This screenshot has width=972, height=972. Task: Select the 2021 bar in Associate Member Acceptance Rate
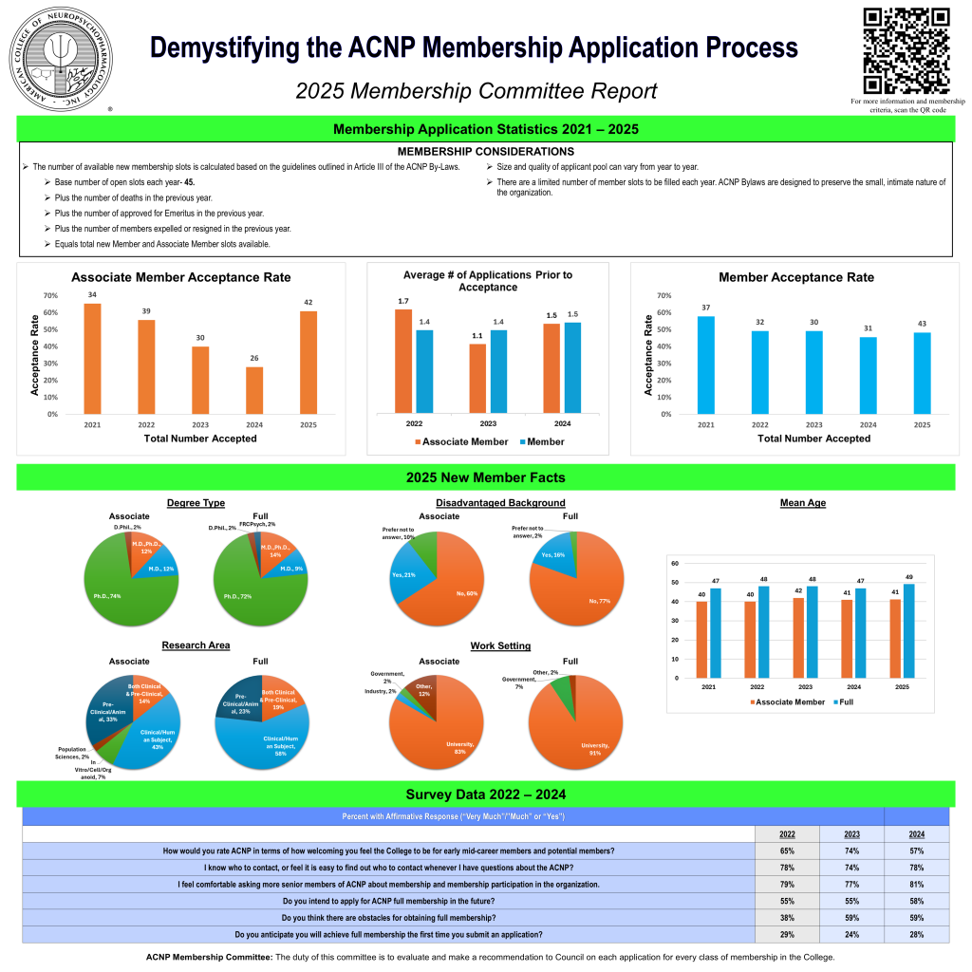pyautogui.click(x=92, y=359)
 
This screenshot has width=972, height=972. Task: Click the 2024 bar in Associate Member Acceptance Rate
pyautogui.click(x=254, y=390)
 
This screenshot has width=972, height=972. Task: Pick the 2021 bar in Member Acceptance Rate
pyautogui.click(x=706, y=364)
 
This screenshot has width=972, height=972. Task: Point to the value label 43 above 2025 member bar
pyautogui.click(x=922, y=324)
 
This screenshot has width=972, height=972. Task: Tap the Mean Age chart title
pyautogui.click(x=803, y=503)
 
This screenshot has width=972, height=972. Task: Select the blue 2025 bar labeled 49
pyautogui.click(x=908, y=630)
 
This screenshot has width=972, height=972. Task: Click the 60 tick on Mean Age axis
pyautogui.click(x=674, y=563)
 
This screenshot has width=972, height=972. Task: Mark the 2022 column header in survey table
pyautogui.click(x=787, y=833)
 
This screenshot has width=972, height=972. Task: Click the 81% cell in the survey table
pyautogui.click(x=915, y=884)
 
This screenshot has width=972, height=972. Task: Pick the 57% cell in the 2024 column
pyautogui.click(x=915, y=850)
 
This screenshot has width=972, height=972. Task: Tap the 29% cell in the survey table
pyautogui.click(x=787, y=934)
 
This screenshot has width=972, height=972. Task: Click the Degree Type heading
pyautogui.click(x=196, y=503)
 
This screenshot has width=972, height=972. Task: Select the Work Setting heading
pyautogui.click(x=500, y=646)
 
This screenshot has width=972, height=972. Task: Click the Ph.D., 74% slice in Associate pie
pyautogui.click(x=123, y=589)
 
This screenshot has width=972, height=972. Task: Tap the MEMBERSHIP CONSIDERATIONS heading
pyautogui.click(x=485, y=152)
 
